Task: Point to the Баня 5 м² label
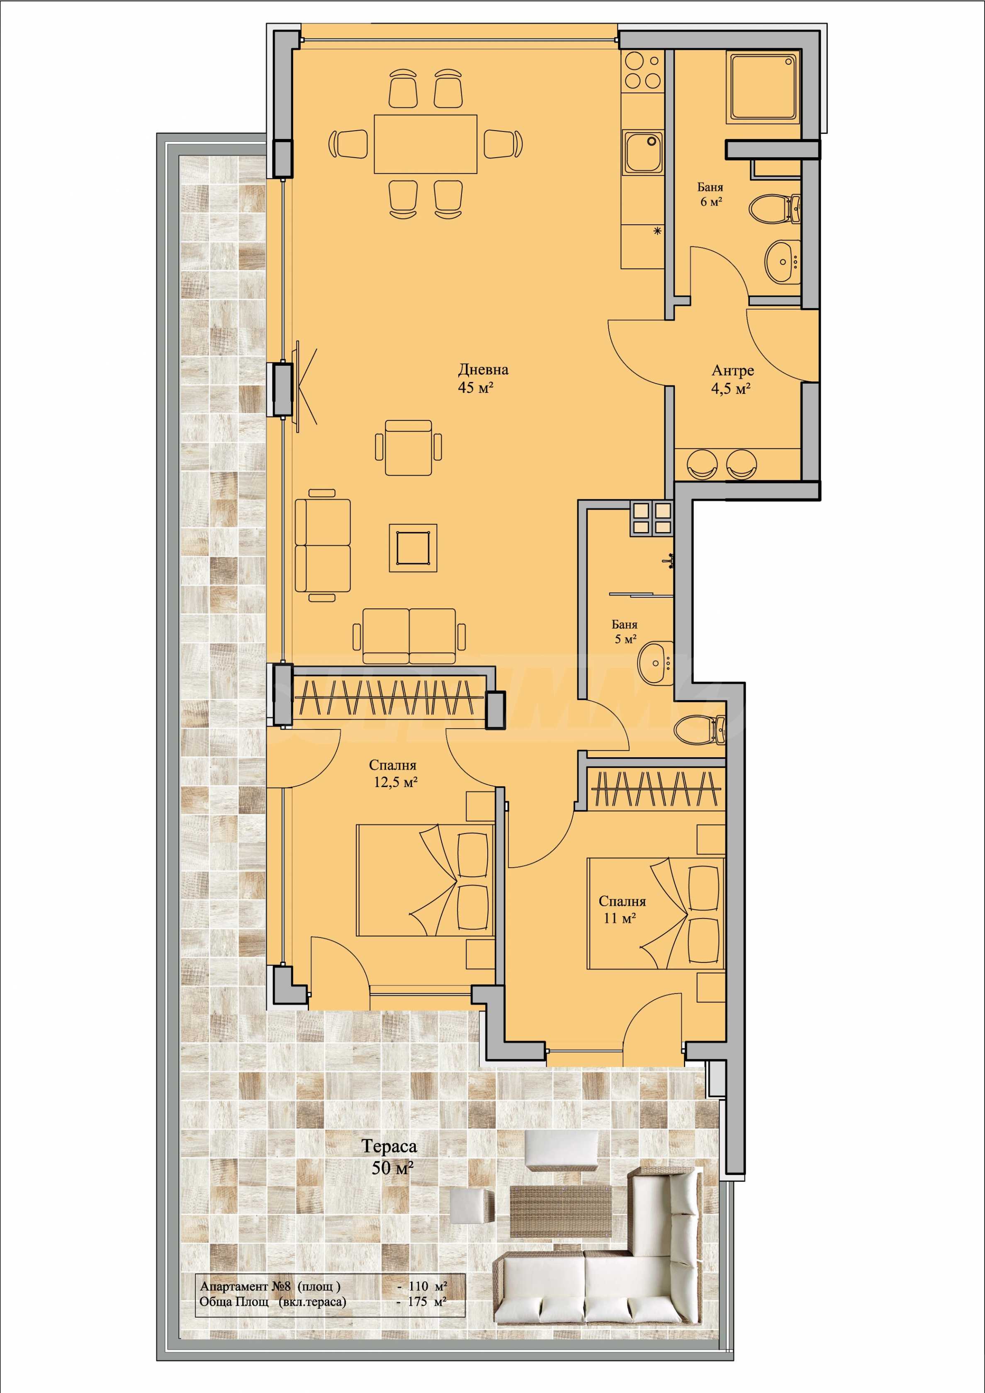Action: click(x=625, y=632)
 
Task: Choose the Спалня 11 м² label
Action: click(x=622, y=910)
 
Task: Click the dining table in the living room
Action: click(x=426, y=144)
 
